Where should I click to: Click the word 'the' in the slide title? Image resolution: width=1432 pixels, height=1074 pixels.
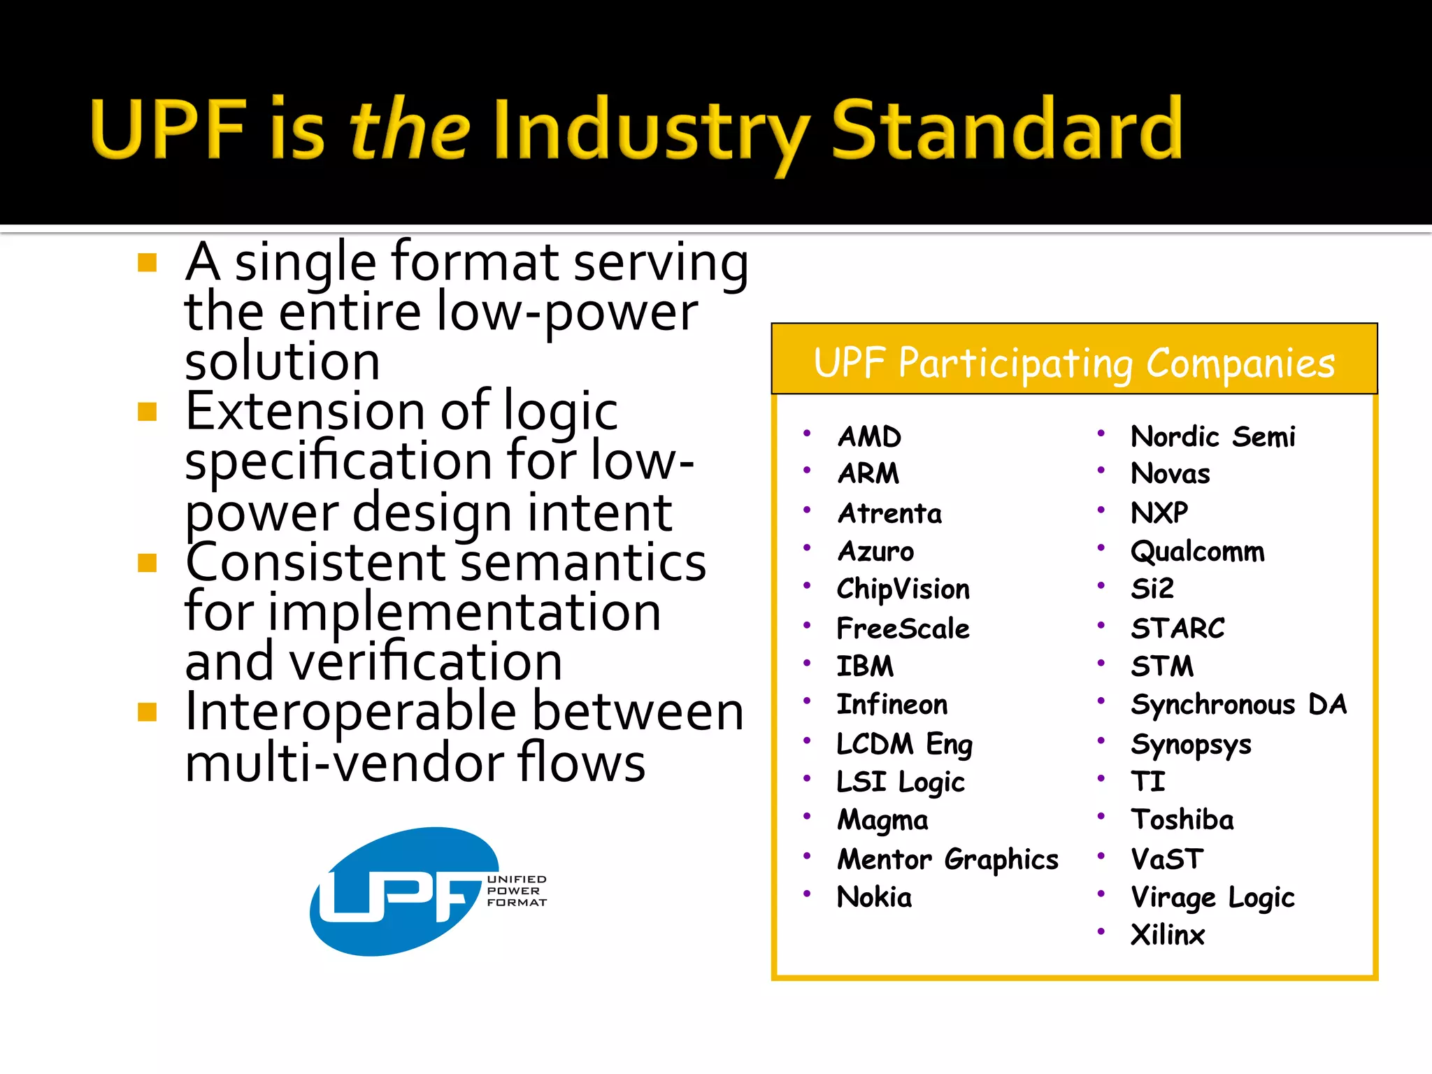click(x=409, y=129)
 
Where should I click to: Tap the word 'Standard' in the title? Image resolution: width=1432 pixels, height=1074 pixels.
click(x=1007, y=129)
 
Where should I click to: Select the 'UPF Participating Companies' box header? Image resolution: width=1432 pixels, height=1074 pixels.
click(x=1074, y=362)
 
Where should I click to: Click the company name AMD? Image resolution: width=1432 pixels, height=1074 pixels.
click(x=869, y=437)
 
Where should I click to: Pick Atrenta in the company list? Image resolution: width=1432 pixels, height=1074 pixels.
click(x=889, y=514)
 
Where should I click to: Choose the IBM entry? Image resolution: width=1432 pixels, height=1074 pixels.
click(x=865, y=666)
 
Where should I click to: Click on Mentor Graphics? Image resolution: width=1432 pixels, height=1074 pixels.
click(x=948, y=859)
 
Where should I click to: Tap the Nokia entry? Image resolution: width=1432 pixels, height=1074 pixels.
click(x=874, y=897)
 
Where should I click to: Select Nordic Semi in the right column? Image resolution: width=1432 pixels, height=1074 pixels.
click(x=1213, y=437)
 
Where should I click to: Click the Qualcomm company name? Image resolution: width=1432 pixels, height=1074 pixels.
click(x=1198, y=552)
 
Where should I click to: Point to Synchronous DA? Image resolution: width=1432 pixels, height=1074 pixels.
click(x=1238, y=705)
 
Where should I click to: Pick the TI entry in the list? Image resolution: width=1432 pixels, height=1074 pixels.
click(x=1148, y=782)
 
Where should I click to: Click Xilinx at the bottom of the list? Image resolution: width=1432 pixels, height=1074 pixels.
click(x=1168, y=936)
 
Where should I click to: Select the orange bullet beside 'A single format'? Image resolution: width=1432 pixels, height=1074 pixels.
click(x=148, y=263)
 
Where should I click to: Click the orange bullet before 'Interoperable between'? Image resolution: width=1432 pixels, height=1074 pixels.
click(x=148, y=712)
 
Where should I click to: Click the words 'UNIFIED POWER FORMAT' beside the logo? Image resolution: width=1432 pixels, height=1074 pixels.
click(x=517, y=891)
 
